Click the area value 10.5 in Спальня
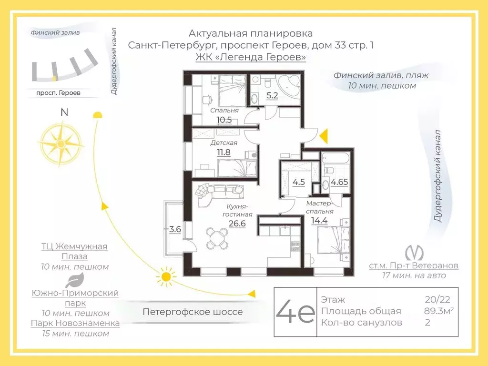tap(224, 120)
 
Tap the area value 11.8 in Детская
tap(224, 152)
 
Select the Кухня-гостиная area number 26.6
tap(236, 224)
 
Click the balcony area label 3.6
tap(175, 229)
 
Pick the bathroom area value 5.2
tap(272, 95)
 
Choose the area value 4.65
tap(339, 182)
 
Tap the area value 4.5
tap(298, 182)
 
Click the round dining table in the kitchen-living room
tap(217, 238)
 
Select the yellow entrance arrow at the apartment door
tap(324, 136)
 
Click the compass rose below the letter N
tap(60, 142)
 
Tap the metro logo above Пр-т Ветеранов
tap(413, 252)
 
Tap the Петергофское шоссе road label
tap(193, 312)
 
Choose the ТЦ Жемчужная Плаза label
tap(74, 251)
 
